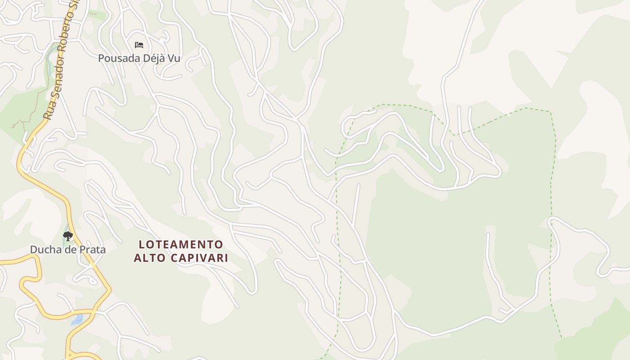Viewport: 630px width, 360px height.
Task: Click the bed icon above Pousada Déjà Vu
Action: [139, 45]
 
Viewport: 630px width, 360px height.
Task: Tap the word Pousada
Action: [117, 58]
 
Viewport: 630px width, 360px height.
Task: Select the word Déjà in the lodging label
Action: [151, 58]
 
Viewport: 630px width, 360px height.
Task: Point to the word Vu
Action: [174, 58]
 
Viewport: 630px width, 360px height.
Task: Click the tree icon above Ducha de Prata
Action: [68, 236]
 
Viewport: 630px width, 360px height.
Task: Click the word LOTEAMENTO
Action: [181, 245]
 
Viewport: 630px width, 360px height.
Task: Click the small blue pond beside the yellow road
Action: [77, 320]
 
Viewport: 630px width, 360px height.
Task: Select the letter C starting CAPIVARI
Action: [174, 258]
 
